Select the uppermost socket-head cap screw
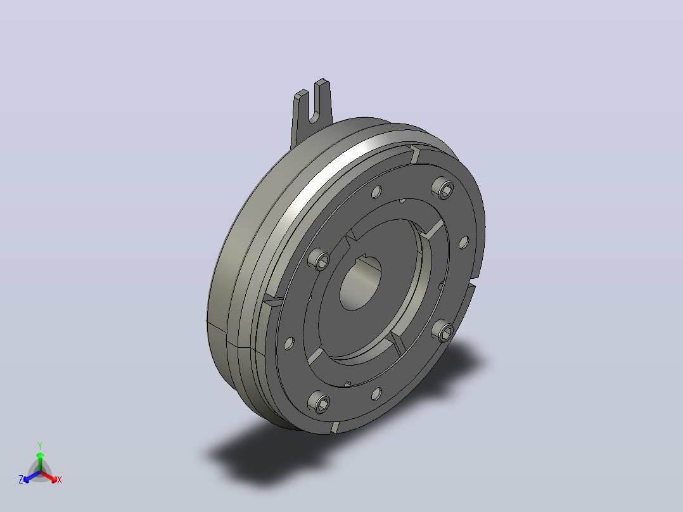point(442,188)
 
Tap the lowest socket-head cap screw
point(319,402)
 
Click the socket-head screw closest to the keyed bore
point(319,259)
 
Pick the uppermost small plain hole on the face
point(377,191)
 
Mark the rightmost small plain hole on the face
point(464,242)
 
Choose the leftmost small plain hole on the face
point(289,343)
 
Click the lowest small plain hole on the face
point(376,394)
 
